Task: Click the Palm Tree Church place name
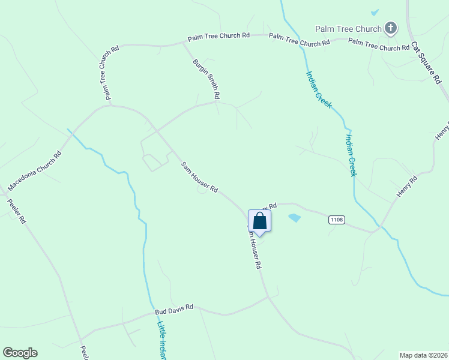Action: (x=349, y=29)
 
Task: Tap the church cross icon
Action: (x=391, y=28)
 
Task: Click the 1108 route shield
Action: (x=337, y=220)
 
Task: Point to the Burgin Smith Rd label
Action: (x=206, y=79)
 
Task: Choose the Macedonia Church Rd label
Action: (x=35, y=172)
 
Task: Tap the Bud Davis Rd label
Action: (x=173, y=307)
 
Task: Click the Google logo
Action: (x=20, y=353)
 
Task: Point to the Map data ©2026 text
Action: (x=423, y=355)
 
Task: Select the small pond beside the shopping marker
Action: (x=294, y=218)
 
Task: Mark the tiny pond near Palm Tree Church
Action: (x=375, y=12)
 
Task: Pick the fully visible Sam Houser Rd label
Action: (x=199, y=177)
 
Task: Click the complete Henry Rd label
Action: (x=406, y=187)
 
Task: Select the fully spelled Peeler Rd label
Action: (x=17, y=211)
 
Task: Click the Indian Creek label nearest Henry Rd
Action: (x=351, y=155)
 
